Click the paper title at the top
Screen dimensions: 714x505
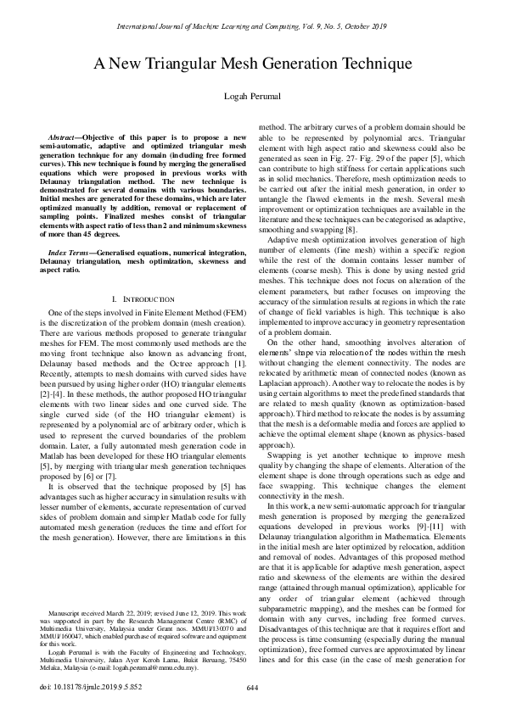point(252,64)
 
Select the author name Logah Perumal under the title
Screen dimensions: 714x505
point(252,99)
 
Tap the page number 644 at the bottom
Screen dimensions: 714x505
point(252,689)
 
